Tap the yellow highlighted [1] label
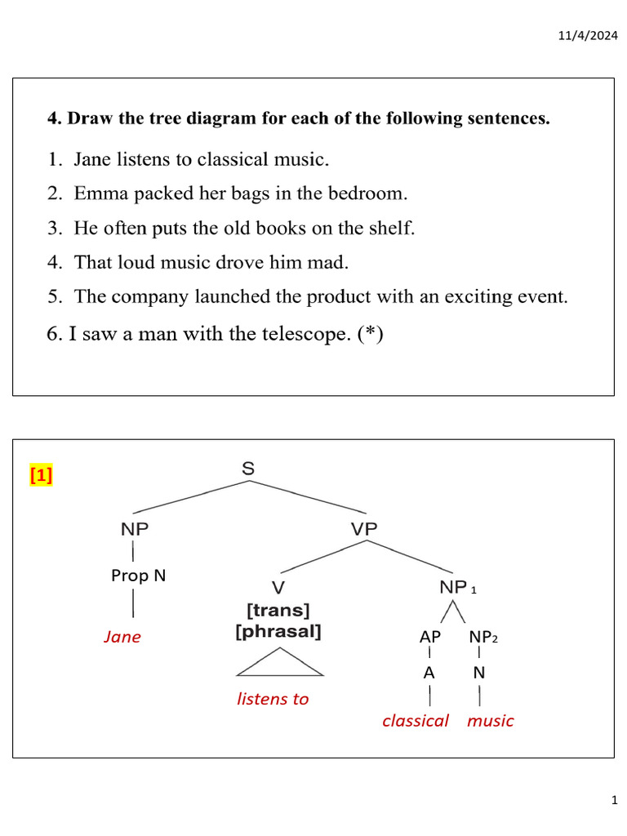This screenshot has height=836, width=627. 41,475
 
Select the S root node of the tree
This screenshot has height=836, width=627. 248,469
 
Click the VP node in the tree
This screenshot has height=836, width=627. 364,529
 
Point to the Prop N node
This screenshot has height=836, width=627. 138,576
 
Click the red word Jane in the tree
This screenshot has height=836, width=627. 122,637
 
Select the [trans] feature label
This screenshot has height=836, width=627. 278,610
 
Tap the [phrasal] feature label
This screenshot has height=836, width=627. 278,631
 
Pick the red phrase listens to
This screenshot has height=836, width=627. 273,699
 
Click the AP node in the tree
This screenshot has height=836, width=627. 430,637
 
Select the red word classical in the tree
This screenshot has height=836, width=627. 416,720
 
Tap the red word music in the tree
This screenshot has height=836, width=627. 490,720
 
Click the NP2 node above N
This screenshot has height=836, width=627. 482,637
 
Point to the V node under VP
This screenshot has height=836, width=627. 278,587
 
